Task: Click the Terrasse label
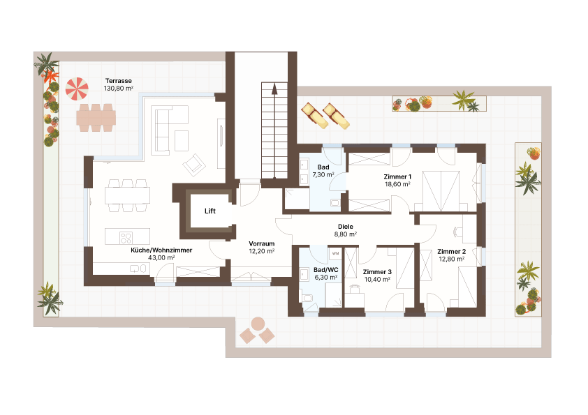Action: (x=118, y=81)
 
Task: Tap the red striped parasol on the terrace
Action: (x=78, y=89)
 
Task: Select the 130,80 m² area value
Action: (x=118, y=89)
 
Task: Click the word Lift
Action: (x=210, y=211)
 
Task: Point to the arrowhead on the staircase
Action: (x=274, y=89)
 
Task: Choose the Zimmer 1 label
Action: (x=397, y=176)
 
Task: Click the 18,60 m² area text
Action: (x=397, y=185)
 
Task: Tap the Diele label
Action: (x=345, y=227)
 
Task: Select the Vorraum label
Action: (x=261, y=243)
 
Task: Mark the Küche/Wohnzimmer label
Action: (x=161, y=250)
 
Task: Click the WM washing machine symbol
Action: (x=335, y=253)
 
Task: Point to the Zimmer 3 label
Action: (x=377, y=272)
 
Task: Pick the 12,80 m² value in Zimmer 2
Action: (x=451, y=259)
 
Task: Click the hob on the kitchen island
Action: (x=126, y=236)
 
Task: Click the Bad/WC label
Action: (x=325, y=269)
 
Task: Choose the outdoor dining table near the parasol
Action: (x=96, y=117)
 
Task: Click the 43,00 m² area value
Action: (x=161, y=257)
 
